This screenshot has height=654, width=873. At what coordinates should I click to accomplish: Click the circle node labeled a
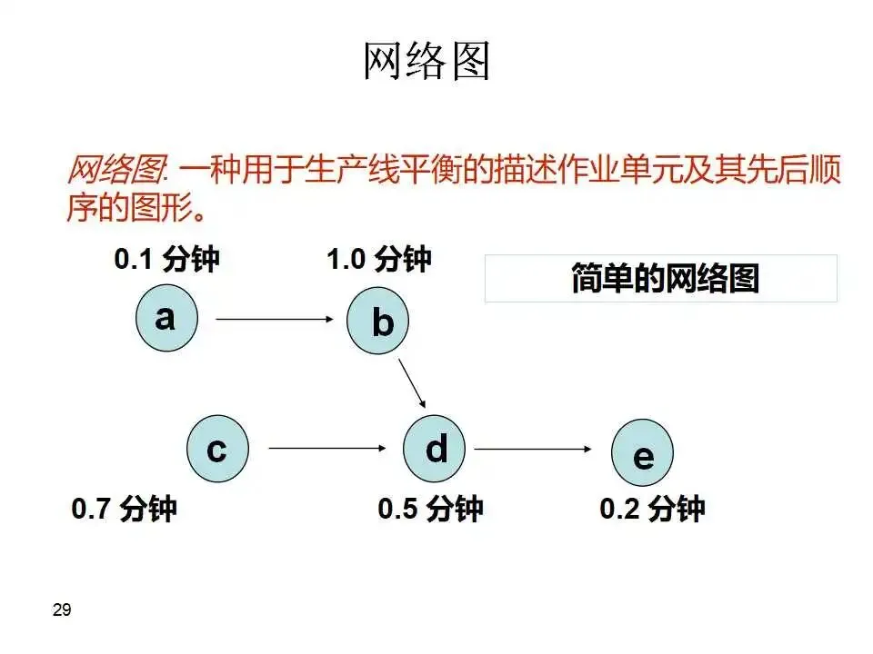166,319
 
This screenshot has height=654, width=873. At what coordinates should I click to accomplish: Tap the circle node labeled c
217,448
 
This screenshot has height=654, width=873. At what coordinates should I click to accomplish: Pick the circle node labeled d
435,448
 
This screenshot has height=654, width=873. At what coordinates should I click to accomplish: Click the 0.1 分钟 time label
167,260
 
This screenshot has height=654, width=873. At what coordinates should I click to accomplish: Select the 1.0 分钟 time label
379,260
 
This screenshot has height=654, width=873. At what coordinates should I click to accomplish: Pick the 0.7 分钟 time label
125,508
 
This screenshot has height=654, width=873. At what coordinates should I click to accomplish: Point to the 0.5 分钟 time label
430,508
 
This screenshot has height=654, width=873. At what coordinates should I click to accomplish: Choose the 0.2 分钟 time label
652,508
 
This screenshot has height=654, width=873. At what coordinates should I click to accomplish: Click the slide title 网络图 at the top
426,62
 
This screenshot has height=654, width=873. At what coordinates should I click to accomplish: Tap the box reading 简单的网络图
661,278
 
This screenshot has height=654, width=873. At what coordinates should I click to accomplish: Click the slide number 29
62,610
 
